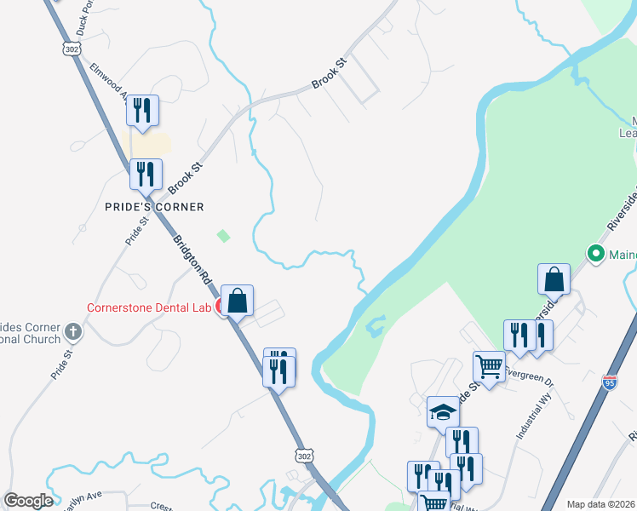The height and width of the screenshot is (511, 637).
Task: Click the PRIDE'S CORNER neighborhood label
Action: pos(154,207)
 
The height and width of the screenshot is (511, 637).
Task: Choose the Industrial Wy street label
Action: pos(534,422)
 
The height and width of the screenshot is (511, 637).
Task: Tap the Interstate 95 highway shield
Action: pos(609,383)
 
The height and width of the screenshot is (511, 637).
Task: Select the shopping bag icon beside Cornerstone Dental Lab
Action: pos(239,300)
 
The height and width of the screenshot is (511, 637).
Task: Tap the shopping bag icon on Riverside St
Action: pos(554,278)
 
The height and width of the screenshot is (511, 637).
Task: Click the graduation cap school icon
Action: pos(443,413)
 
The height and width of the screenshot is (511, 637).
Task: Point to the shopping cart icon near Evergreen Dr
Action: pos(489,367)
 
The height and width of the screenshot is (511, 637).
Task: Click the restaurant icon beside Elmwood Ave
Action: pos(141,110)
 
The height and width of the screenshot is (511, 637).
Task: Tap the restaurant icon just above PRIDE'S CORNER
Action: pos(145,174)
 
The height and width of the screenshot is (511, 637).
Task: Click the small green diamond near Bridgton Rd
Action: pos(223,235)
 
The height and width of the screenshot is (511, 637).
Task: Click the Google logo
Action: pos(28,501)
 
